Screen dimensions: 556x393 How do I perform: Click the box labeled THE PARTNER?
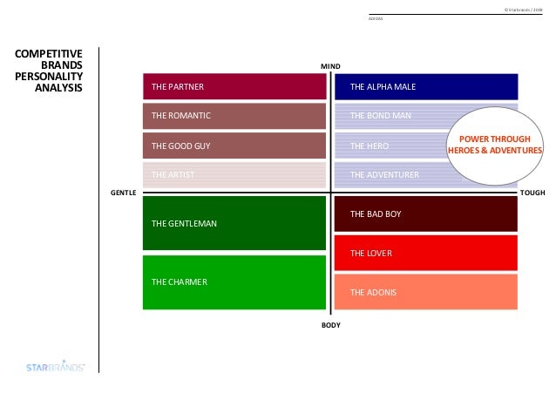click(234, 86)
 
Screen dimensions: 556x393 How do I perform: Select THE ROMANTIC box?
click(234, 115)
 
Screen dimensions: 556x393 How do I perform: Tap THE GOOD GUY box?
click(234, 146)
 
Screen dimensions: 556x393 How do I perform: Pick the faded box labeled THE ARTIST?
click(234, 175)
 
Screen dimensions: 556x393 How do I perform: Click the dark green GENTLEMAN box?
click(234, 223)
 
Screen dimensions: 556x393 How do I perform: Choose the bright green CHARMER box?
click(234, 281)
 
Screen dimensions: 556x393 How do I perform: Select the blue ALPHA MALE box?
click(426, 86)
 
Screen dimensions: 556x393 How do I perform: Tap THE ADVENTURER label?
click(384, 175)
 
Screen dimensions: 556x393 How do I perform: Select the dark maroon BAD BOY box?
click(426, 213)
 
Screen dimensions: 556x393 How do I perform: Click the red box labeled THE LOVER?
click(426, 253)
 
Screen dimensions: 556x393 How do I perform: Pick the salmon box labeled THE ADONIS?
click(426, 292)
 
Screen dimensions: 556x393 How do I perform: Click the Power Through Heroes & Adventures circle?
click(494, 145)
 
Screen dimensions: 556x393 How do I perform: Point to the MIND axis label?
click(330, 65)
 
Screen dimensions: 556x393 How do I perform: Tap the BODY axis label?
click(330, 325)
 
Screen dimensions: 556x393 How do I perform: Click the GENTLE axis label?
click(123, 191)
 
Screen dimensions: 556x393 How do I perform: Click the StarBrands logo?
click(54, 368)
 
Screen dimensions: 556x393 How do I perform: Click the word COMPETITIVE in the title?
click(50, 54)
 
